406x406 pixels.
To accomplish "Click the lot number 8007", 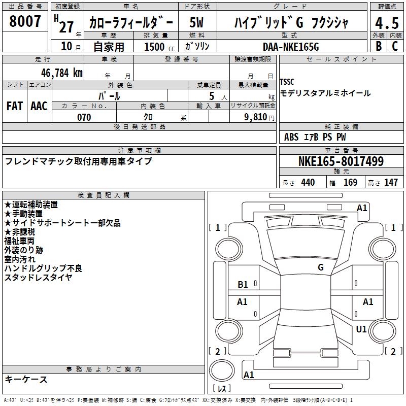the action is click(x=25, y=21).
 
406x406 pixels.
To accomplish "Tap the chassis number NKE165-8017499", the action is click(x=341, y=162).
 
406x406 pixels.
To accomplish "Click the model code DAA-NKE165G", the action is click(x=291, y=46).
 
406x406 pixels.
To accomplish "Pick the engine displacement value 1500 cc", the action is click(x=157, y=47).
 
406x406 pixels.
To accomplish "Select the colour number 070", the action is click(x=84, y=117).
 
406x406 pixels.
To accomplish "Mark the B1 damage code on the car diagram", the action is click(x=243, y=285).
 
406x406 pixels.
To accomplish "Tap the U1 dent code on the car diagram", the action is click(x=361, y=329).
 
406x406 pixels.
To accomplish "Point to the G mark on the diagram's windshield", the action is click(x=321, y=267).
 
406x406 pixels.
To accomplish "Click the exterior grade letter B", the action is click(x=378, y=46).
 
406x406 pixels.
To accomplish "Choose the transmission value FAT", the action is click(x=15, y=106).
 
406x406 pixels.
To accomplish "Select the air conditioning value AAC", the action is click(x=39, y=106).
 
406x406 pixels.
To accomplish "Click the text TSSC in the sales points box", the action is click(x=287, y=82).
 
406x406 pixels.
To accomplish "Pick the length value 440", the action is click(x=308, y=182).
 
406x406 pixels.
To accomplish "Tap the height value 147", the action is click(x=391, y=182).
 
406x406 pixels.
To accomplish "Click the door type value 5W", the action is click(x=196, y=22).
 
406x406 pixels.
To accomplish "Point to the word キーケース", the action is click(x=26, y=379).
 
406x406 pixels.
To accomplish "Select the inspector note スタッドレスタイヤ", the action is click(x=38, y=277).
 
